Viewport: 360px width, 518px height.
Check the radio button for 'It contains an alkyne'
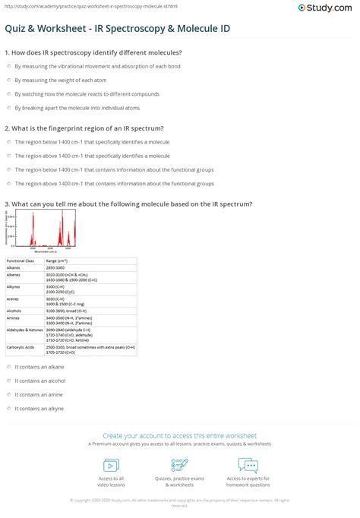pyautogui.click(x=8, y=408)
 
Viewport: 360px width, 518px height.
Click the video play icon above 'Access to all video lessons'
pyautogui.click(x=111, y=465)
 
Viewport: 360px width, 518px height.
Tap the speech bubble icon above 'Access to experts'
pyautogui.click(x=248, y=465)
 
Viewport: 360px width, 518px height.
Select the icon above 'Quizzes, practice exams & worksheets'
pyautogui.click(x=180, y=465)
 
